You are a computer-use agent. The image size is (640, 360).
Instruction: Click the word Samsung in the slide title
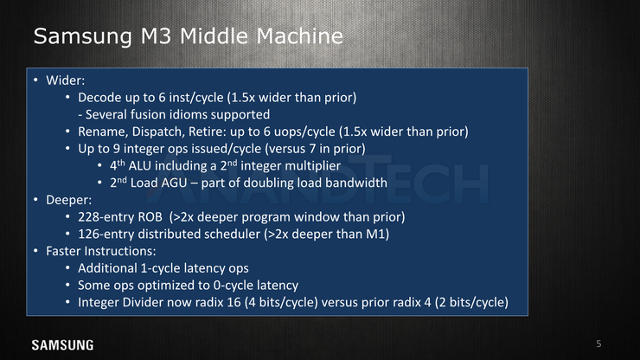[x=82, y=36]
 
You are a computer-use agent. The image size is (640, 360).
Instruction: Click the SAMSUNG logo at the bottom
[x=62, y=345]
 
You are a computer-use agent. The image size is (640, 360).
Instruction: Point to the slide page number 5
[x=598, y=344]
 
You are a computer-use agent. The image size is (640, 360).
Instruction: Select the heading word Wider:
[x=66, y=80]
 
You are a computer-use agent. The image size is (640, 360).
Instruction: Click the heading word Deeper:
[x=68, y=200]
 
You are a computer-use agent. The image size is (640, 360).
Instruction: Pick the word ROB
[x=150, y=216]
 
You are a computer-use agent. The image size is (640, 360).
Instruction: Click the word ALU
[x=139, y=165]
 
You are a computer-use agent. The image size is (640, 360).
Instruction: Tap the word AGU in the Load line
[x=174, y=183]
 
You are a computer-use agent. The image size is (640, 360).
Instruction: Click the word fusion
[x=145, y=114]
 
